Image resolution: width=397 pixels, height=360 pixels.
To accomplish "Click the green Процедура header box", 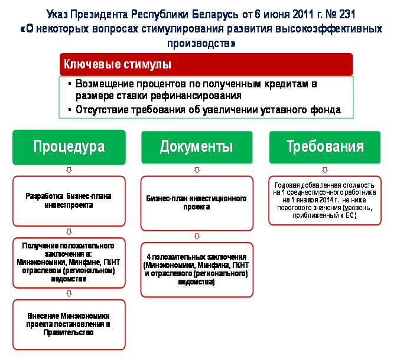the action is (69, 147).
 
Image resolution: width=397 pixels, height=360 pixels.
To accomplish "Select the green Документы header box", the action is (197, 147).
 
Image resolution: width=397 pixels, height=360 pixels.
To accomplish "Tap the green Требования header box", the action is (325, 147).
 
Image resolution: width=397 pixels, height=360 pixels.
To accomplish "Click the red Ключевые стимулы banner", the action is (206, 64).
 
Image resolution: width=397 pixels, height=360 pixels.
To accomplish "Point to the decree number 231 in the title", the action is (347, 14).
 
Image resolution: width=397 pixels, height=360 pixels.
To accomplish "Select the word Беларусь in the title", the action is (214, 14).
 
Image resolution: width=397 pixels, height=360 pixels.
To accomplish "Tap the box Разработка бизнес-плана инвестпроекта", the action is (69, 201).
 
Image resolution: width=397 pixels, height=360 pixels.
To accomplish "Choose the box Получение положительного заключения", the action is (69, 263).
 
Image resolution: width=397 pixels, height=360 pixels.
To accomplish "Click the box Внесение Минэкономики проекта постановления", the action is (69, 325).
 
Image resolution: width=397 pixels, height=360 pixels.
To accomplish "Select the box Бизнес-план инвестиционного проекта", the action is (197, 203).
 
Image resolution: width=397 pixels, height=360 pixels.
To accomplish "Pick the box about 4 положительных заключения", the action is (197, 270).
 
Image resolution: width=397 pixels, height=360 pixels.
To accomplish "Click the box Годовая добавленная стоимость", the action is (325, 201).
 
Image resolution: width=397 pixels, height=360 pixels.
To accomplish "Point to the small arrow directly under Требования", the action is (325, 170).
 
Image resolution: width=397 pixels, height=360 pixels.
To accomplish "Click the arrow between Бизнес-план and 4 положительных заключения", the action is (197, 237).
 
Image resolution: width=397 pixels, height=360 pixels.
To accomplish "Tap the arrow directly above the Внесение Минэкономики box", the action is (69, 294).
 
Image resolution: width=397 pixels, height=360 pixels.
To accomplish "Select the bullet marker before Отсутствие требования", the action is (70, 110).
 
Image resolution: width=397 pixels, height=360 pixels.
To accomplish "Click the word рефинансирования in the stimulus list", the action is (196, 96).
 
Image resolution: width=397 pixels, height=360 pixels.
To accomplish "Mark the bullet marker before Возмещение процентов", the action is (70, 84).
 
